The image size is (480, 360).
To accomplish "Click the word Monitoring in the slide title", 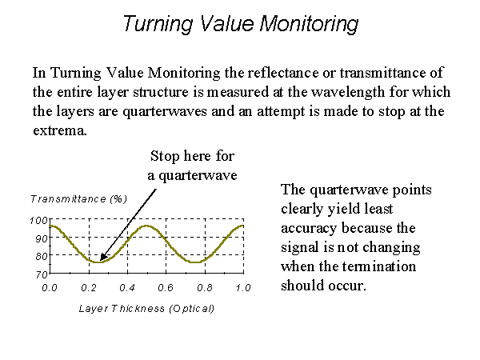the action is [x=310, y=23].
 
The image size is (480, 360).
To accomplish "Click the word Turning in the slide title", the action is [x=158, y=23].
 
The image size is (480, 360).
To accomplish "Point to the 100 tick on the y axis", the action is [x=39, y=221].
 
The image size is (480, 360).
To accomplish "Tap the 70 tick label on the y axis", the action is [x=42, y=274].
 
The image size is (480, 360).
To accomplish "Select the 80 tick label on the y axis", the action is [x=42, y=256].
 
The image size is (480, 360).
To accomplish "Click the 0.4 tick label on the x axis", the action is [x=127, y=288].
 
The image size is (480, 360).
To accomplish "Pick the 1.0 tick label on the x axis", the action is [x=243, y=288].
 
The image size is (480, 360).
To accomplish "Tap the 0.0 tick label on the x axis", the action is [x=50, y=288].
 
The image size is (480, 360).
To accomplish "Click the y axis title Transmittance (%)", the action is [x=78, y=199].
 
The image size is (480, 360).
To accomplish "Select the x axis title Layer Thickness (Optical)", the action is [x=146, y=308].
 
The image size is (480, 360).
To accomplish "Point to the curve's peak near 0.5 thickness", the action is [x=147, y=226].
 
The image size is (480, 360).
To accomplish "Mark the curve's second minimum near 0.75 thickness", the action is [x=195, y=262].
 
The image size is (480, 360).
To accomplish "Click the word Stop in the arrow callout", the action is [x=165, y=156].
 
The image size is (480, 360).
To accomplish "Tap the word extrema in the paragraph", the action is [x=60, y=130].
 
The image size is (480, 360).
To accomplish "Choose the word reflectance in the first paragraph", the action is [x=282, y=73].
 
